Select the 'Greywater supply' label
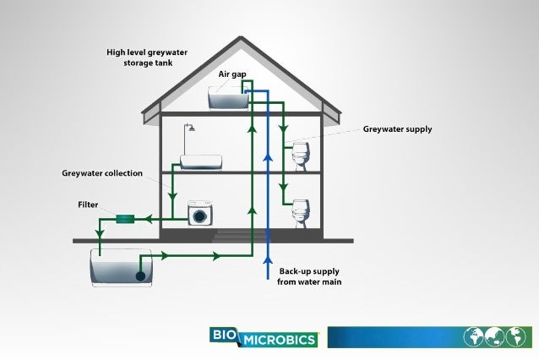[397, 129]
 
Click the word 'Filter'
[88, 205]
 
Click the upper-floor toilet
[300, 155]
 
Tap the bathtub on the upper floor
[201, 161]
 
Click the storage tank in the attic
[228, 99]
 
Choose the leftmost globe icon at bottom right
[472, 336]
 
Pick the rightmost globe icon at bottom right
[514, 336]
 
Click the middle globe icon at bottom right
[493, 336]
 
